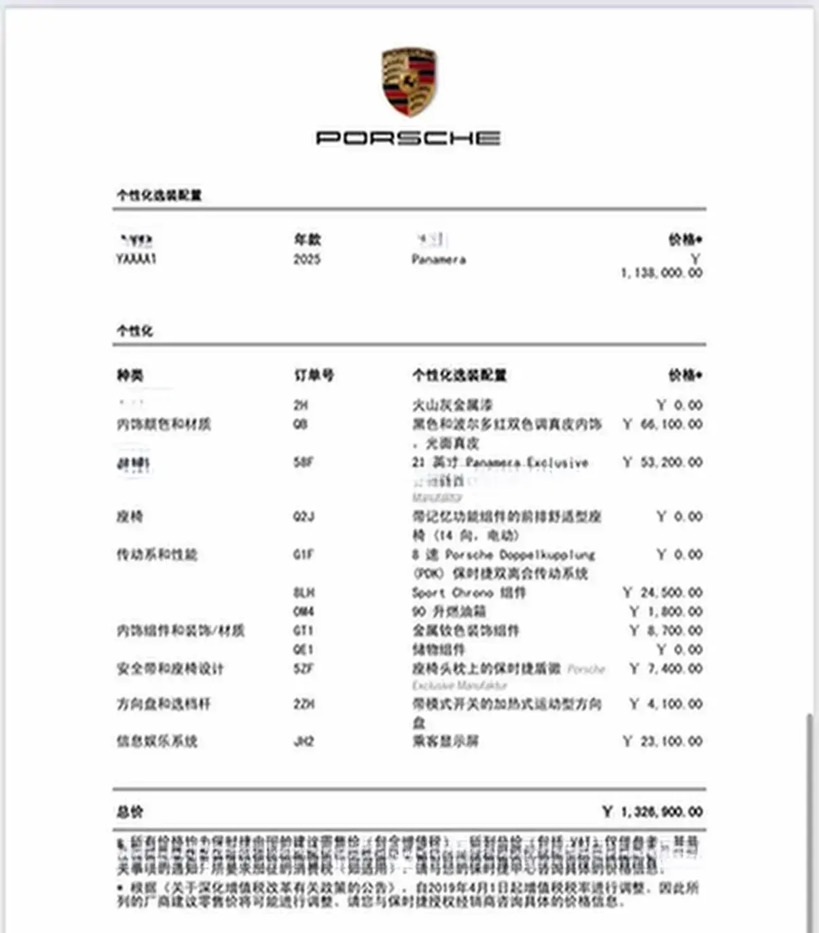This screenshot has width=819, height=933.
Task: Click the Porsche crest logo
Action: pyautogui.click(x=409, y=81)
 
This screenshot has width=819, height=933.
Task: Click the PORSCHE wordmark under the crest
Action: pyautogui.click(x=409, y=138)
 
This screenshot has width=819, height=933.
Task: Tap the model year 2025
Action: pyautogui.click(x=307, y=259)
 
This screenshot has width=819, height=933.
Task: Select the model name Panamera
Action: pyautogui.click(x=439, y=259)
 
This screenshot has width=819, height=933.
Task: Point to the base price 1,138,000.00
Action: pyautogui.click(x=661, y=273)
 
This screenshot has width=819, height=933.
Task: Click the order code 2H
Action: pyautogui.click(x=300, y=405)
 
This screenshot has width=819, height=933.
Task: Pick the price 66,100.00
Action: pyautogui.click(x=671, y=424)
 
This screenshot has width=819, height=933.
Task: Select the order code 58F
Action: pyautogui.click(x=303, y=462)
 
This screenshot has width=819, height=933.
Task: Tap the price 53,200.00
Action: pyautogui.click(x=671, y=462)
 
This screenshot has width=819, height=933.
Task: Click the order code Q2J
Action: pyautogui.click(x=304, y=517)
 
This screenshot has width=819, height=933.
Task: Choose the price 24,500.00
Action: pyautogui.click(x=671, y=593)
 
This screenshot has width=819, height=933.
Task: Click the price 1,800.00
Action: pyautogui.click(x=674, y=612)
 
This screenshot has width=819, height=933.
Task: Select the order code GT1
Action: pyautogui.click(x=304, y=631)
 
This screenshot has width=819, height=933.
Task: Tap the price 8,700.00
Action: pyautogui.click(x=674, y=631)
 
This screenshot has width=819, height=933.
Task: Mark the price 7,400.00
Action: pyautogui.click(x=674, y=669)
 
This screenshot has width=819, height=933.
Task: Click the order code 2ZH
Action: pyautogui.click(x=304, y=704)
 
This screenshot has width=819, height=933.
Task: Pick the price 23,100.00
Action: pyautogui.click(x=671, y=742)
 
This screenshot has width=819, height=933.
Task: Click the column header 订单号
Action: pyautogui.click(x=314, y=376)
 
